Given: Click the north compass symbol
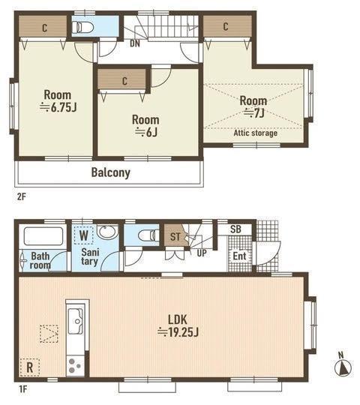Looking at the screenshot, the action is click(343, 364).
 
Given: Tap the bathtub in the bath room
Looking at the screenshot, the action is click(43, 236).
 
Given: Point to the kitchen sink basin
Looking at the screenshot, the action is click(76, 321).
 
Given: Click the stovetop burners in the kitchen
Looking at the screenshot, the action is click(75, 366).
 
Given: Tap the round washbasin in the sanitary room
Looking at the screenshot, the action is click(107, 232).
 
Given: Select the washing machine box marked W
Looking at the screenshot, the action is click(83, 235).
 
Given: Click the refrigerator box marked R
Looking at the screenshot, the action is click(30, 367).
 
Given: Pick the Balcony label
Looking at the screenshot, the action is click(111, 172).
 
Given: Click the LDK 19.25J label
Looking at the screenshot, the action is click(178, 326).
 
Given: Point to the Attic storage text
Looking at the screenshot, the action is click(256, 133).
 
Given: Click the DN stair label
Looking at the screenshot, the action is click(135, 43).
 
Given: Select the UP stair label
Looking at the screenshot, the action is click(202, 253).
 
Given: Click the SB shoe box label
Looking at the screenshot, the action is click(235, 229).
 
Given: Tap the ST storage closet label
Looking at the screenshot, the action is click(175, 236).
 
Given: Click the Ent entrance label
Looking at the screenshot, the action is click(239, 256).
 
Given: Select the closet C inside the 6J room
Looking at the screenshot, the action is click(124, 81).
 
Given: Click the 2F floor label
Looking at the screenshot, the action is click(22, 196).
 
